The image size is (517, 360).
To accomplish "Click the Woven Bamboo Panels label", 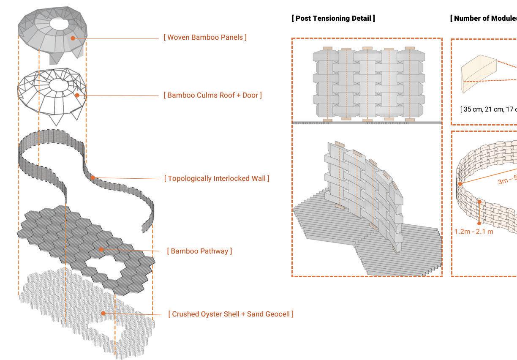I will pos(205,37).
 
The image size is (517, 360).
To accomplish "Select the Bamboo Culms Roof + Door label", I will pos(212,95).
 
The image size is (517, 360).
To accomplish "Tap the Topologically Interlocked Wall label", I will pos(216,178).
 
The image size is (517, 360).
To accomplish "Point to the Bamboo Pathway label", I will pos(199,251).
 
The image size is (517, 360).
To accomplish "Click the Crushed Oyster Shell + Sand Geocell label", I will pos(231,314).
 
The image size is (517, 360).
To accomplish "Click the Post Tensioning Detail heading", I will pos(333,18).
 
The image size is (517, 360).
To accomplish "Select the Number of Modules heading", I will pos(484,18).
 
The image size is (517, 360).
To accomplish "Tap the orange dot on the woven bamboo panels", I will pos(73,38).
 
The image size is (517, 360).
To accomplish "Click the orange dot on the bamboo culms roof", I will pos(77,95).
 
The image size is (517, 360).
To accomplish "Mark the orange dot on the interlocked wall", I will pos(93,177).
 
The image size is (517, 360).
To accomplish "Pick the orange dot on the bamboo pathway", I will pos(101,250).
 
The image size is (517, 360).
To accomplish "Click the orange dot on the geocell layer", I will pos(103,313).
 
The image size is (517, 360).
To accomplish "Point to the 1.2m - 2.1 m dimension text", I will pos(473,232).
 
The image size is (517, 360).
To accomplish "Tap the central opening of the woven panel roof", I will pos(61,23).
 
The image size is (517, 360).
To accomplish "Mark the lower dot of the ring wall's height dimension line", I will pos(479,223).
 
